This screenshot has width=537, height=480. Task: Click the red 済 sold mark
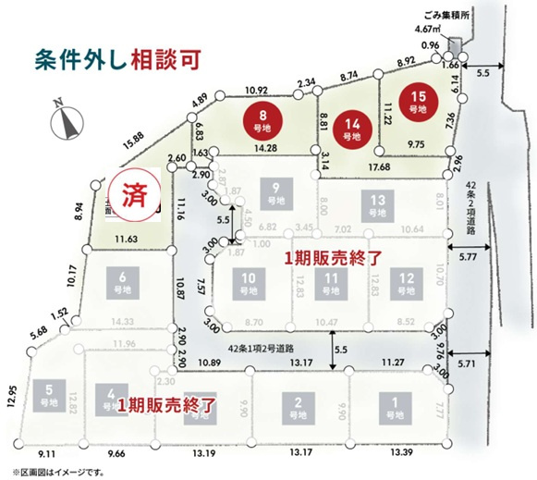[x=135, y=195]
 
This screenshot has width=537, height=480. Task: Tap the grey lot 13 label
[x=376, y=204]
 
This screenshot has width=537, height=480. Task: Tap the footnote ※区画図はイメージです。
[x=56, y=472]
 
